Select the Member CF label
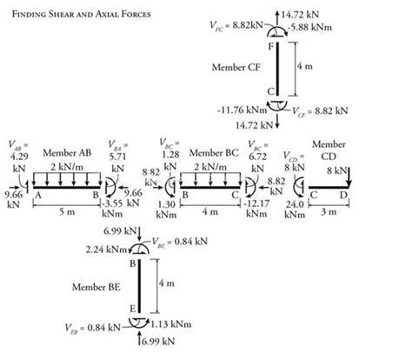coord(236,66)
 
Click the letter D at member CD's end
coord(345,194)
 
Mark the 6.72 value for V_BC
coord(258,157)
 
